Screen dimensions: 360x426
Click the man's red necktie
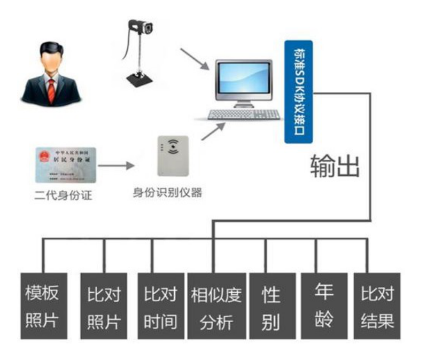51,90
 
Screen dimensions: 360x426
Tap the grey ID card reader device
173,155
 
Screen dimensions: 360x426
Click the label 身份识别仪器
167,193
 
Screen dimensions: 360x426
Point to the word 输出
335,166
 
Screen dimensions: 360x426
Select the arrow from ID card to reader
116,166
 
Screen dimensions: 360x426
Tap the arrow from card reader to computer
213,131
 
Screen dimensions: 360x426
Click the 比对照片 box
104,307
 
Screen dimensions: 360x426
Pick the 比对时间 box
160,307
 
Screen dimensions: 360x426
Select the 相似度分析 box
216,307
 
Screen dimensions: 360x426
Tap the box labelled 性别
272,307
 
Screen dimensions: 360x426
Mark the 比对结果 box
377,307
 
